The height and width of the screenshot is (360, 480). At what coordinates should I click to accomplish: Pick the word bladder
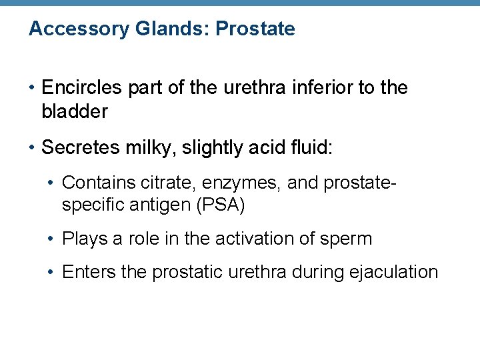(x=74, y=112)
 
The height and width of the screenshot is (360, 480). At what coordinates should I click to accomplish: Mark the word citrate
(x=149, y=182)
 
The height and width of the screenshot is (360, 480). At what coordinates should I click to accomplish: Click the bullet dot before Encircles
(x=32, y=88)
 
